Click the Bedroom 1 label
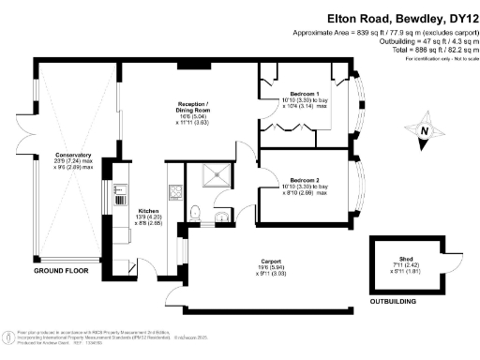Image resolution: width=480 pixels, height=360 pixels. [305, 95]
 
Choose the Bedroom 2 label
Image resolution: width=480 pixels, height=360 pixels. [305, 179]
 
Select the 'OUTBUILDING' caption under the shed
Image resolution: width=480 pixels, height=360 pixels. [394, 303]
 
